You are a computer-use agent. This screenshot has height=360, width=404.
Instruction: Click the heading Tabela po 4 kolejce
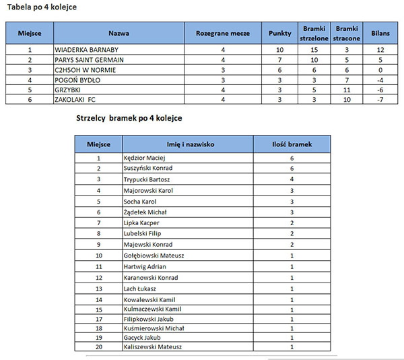(41, 7)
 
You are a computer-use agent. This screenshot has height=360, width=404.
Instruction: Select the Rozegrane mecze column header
(222, 33)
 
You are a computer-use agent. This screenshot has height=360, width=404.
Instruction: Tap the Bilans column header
(380, 33)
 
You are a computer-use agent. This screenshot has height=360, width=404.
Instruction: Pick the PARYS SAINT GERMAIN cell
(90, 60)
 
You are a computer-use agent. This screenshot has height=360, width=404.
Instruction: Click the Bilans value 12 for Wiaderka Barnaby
(380, 50)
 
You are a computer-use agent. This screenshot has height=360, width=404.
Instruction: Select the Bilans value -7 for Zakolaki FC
(380, 100)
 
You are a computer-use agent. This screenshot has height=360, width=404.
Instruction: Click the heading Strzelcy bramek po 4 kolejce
(130, 118)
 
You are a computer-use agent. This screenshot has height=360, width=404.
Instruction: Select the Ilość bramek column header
(292, 144)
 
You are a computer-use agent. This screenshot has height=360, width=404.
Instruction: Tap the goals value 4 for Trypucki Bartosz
(292, 179)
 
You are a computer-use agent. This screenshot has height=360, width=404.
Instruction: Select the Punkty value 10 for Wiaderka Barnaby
(279, 50)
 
